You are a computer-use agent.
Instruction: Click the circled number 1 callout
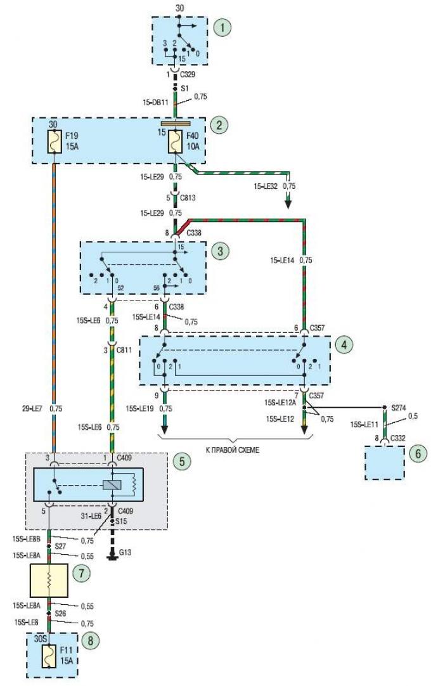(x=222, y=27)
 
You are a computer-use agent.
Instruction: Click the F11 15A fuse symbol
(x=49, y=656)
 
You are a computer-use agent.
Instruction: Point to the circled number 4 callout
(x=344, y=345)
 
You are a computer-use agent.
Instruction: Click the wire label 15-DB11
(x=155, y=103)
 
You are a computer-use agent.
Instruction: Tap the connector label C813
(x=188, y=198)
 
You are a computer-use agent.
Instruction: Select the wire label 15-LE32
(x=266, y=186)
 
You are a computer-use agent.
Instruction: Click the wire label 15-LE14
(x=282, y=261)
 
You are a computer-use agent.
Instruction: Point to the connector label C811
(x=124, y=350)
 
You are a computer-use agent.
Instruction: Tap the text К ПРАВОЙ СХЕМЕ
(x=233, y=450)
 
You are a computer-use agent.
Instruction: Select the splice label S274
(x=399, y=408)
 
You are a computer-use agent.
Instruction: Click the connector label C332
(x=398, y=437)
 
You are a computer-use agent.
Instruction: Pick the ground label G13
(x=125, y=553)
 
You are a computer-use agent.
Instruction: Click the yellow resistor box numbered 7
(x=49, y=580)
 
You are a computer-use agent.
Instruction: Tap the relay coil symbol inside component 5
(x=108, y=485)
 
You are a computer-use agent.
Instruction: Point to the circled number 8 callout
(x=91, y=641)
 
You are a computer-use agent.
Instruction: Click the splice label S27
(x=60, y=546)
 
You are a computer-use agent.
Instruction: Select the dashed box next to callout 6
(x=385, y=462)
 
